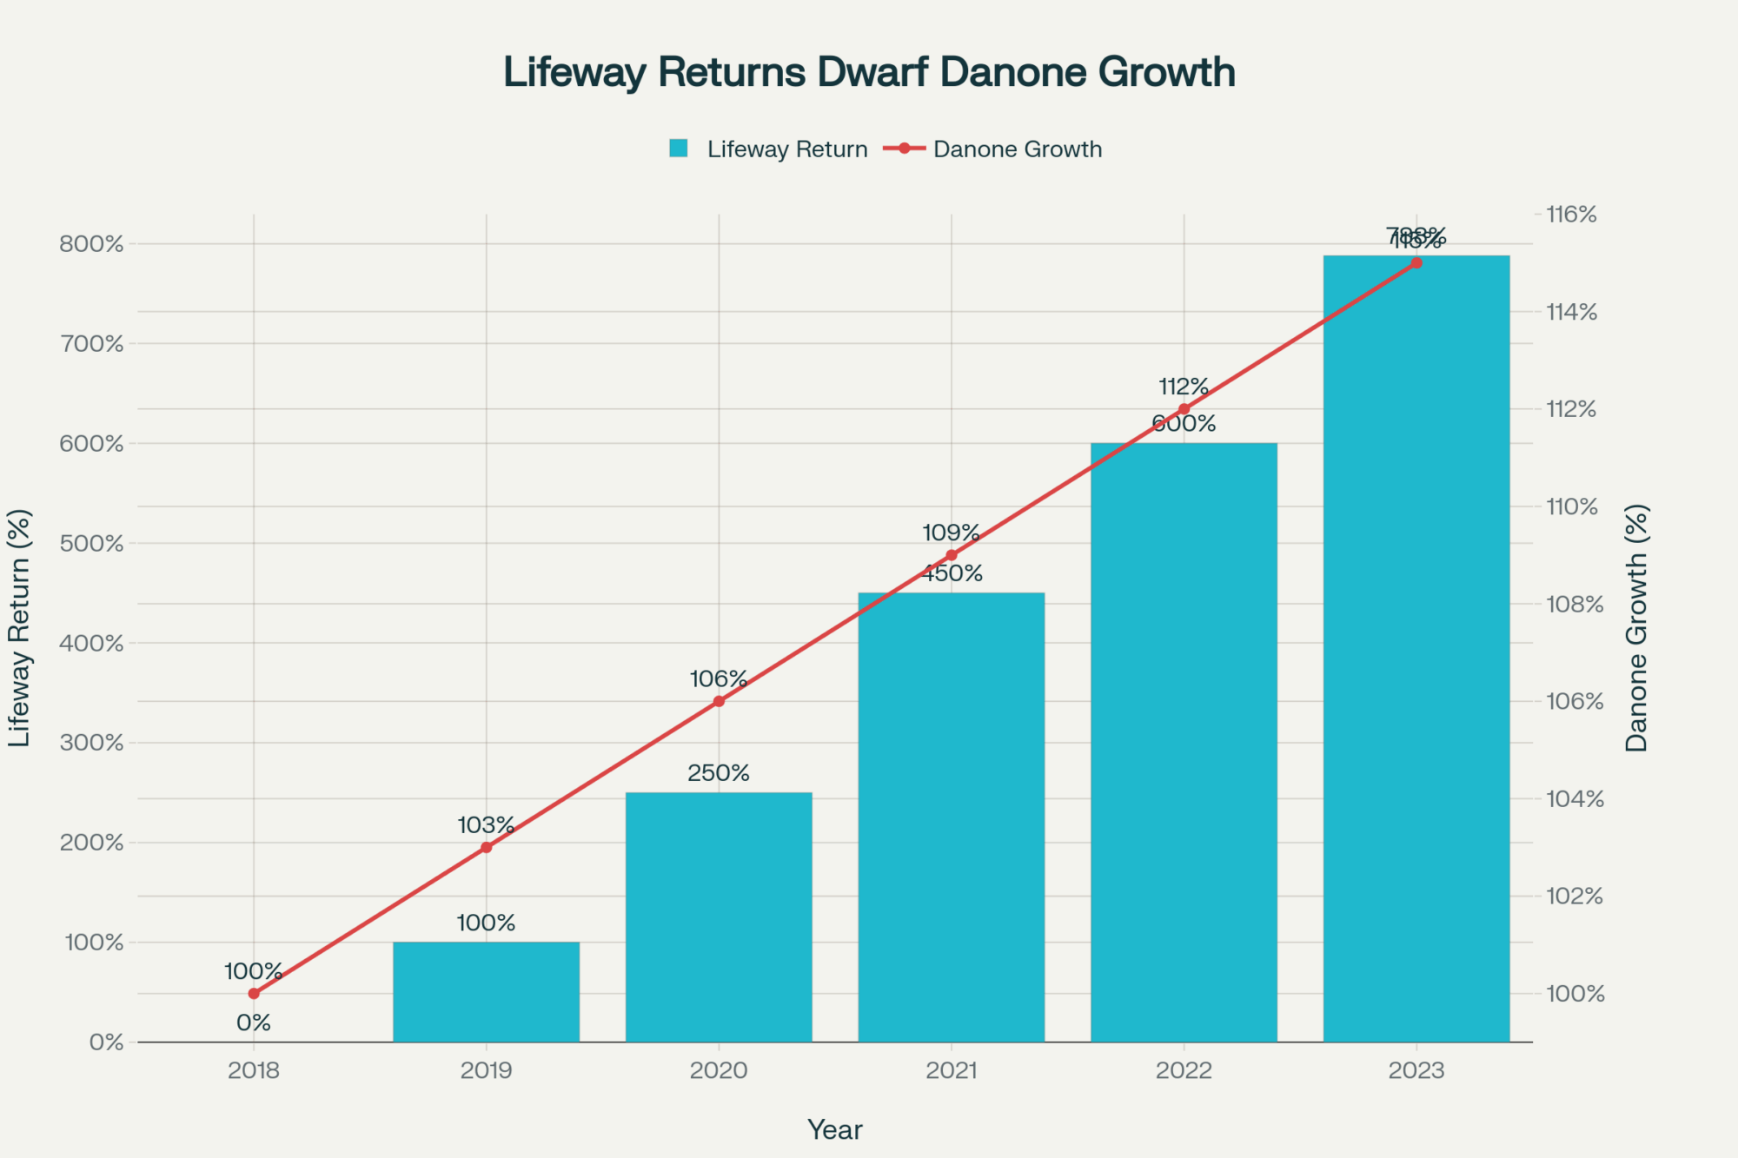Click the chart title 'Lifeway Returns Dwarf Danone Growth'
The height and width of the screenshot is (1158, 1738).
(869, 72)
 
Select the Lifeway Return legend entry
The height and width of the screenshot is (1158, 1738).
(769, 149)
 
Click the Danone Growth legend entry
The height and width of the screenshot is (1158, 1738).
(995, 149)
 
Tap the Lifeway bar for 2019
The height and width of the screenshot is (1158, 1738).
(486, 992)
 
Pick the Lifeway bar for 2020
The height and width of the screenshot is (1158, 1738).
(719, 916)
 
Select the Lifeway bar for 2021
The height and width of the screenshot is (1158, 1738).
(952, 817)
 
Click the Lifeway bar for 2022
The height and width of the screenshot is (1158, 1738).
(1184, 743)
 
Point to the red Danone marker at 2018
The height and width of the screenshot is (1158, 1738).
(254, 993)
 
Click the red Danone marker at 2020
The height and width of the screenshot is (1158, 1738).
(719, 701)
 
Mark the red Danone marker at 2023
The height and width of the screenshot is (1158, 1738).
(1416, 262)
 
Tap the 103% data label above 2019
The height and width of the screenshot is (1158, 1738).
(486, 825)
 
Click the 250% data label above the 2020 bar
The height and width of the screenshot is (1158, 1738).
(719, 773)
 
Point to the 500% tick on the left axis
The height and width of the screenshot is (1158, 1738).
(91, 544)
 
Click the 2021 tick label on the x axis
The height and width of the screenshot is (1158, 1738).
(952, 1070)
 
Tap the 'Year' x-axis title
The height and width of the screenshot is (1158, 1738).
(834, 1129)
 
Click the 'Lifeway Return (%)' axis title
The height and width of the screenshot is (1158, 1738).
(20, 627)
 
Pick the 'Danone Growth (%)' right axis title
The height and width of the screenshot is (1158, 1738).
(1636, 627)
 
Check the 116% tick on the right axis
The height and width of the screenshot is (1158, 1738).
(1572, 215)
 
